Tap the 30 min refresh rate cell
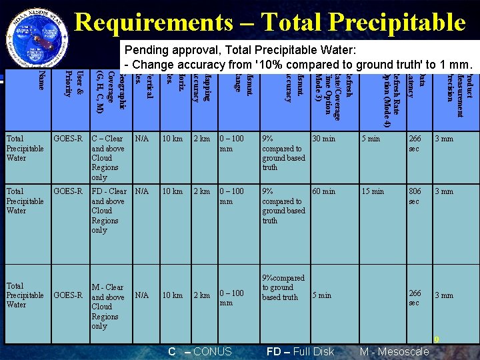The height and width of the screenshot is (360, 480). pyautogui.click(x=324, y=139)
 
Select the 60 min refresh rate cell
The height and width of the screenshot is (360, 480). pyautogui.click(x=324, y=191)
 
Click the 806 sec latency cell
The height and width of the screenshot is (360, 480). pyautogui.click(x=415, y=196)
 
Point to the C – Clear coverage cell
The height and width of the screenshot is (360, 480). pyautogui.click(x=107, y=158)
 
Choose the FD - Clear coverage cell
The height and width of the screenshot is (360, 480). pyautogui.click(x=108, y=211)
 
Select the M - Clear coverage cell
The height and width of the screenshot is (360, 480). pyautogui.click(x=107, y=307)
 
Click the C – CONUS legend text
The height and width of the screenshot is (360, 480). pyautogui.click(x=199, y=351)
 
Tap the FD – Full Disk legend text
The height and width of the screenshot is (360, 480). pyautogui.click(x=300, y=351)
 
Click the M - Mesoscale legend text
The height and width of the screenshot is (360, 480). pyautogui.click(x=394, y=351)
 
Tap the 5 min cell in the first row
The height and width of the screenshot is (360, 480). pyautogui.click(x=371, y=139)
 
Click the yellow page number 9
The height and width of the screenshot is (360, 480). pyautogui.click(x=437, y=339)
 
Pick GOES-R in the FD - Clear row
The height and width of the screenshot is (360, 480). pyautogui.click(x=69, y=191)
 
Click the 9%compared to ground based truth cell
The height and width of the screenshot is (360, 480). pyautogui.click(x=283, y=287)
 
